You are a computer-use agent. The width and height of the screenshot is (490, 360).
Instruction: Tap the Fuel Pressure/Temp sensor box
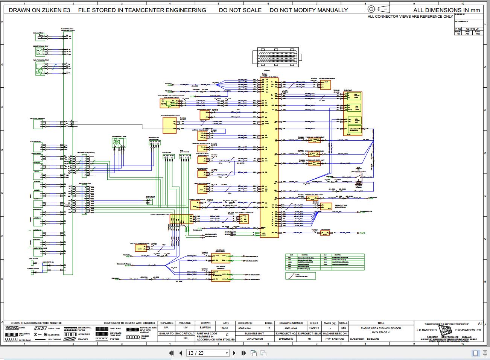(40, 68)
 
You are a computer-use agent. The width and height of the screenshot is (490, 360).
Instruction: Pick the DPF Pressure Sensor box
(326, 84)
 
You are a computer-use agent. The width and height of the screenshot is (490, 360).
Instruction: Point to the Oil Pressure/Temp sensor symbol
(119, 142)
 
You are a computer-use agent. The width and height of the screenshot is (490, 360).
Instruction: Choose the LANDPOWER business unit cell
(254, 339)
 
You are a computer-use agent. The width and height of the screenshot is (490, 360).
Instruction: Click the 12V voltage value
(186, 328)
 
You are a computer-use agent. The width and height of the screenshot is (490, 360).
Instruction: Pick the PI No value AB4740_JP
(472, 29)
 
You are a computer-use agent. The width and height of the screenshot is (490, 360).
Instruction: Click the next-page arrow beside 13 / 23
(234, 353)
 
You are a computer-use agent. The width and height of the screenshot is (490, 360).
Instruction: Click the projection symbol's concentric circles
(371, 9)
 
